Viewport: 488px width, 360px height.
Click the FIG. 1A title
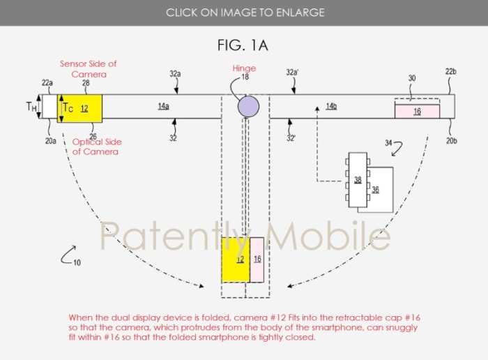point(243,45)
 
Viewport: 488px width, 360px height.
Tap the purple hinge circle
point(248,106)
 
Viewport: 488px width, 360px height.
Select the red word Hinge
point(244,68)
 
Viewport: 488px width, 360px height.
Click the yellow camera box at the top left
point(79,108)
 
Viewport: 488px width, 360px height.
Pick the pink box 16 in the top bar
point(417,112)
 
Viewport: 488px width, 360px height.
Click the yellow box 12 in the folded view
point(236,260)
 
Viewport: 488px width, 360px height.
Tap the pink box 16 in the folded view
point(257,260)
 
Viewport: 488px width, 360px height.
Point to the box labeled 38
point(358,180)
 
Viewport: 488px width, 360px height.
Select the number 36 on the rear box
point(375,190)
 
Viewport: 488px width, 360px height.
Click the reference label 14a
point(163,106)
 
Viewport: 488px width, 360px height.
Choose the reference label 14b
point(331,106)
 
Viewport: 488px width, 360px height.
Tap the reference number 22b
point(450,72)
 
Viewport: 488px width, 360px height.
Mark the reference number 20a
point(51,141)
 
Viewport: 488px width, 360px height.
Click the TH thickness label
point(31,107)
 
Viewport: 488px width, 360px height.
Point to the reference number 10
point(77,263)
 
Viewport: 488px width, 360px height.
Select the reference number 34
point(388,143)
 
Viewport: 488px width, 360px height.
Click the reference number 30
point(412,78)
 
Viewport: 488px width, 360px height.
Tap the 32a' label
point(292,73)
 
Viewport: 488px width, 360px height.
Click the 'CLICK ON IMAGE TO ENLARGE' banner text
point(245,13)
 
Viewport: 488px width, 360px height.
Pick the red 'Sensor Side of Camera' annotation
point(89,69)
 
